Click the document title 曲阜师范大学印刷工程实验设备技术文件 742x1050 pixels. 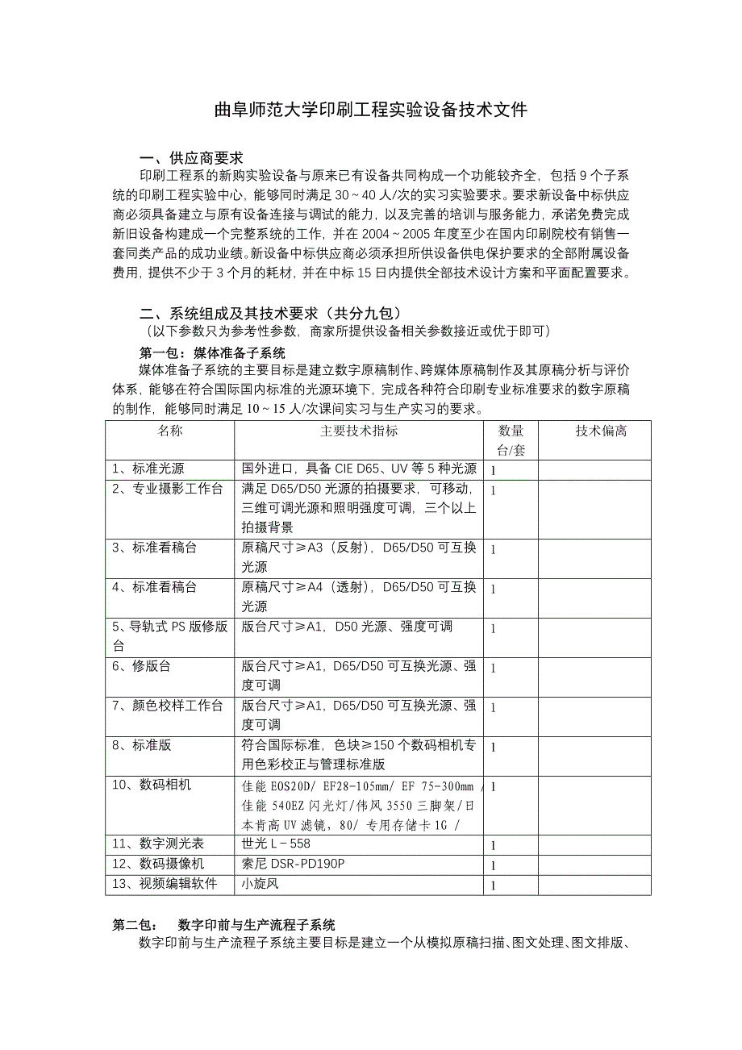click(x=370, y=110)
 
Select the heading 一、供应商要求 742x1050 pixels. click(x=191, y=157)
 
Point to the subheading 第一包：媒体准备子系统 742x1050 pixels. click(x=212, y=352)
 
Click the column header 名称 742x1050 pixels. click(x=169, y=431)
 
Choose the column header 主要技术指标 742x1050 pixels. click(x=358, y=431)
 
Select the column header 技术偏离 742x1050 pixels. click(x=601, y=431)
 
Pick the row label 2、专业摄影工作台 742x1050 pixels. click(x=167, y=489)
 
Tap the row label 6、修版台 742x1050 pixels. click(x=141, y=666)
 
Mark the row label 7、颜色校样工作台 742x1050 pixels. click(x=167, y=706)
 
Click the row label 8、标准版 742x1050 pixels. click(x=142, y=745)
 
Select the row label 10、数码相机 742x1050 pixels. click(x=152, y=785)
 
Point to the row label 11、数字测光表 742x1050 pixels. click(x=158, y=844)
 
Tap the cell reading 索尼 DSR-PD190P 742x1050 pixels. click(x=293, y=864)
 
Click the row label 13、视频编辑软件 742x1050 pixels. click(x=165, y=884)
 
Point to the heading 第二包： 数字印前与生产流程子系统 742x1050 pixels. click(x=223, y=925)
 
